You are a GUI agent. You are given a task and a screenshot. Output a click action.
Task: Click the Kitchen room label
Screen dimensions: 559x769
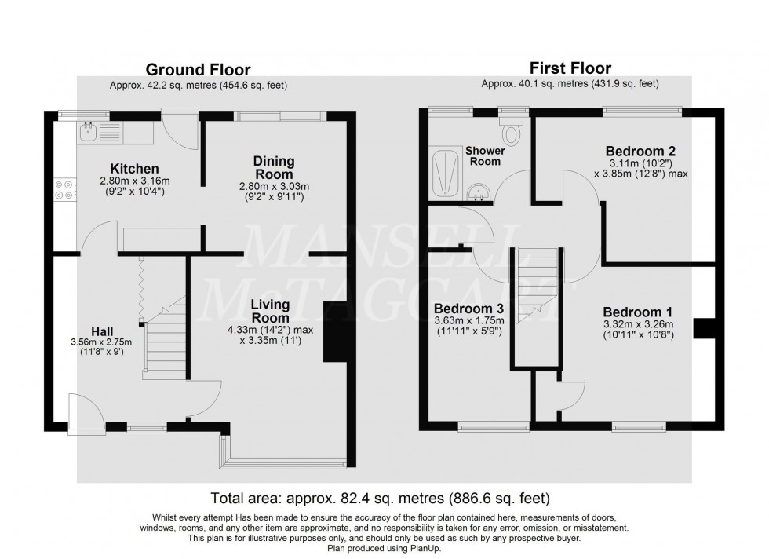pyautogui.click(x=135, y=169)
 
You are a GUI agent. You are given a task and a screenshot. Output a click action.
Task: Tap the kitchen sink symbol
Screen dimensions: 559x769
pyautogui.click(x=88, y=132)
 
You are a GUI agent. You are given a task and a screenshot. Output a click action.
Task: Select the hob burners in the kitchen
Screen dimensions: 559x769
pyautogui.click(x=64, y=191)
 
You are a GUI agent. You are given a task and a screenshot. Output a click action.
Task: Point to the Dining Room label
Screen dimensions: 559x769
pyautogui.click(x=273, y=167)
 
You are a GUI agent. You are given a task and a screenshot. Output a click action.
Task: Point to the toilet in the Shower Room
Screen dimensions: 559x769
pyautogui.click(x=511, y=133)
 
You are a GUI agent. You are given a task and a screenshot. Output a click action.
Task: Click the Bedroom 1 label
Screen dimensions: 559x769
pyautogui.click(x=637, y=311)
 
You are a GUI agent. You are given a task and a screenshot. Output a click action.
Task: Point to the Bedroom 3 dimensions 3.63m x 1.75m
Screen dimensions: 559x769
pyautogui.click(x=468, y=320)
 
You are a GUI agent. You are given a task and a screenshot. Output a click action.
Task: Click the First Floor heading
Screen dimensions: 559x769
pyautogui.click(x=570, y=68)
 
